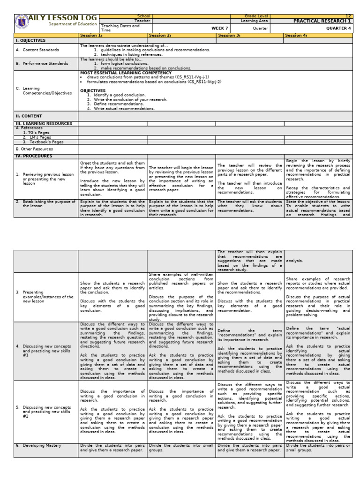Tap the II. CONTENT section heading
click(x=29, y=116)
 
